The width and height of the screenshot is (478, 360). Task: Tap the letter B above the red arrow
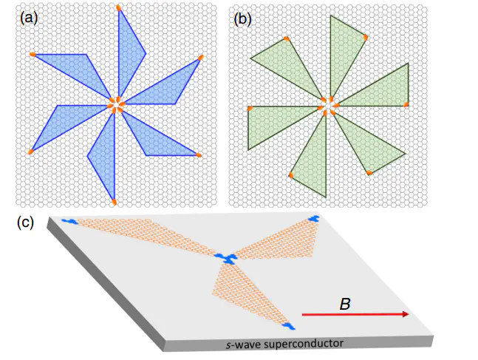coord(344,304)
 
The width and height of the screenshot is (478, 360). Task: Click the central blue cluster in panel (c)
coord(227,257)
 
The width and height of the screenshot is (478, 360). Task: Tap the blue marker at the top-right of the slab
coord(314,220)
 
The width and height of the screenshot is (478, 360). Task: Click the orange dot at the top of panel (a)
coord(119,8)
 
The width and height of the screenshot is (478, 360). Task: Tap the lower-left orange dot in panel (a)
coord(30,152)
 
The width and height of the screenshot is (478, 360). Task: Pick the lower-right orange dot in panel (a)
coord(199,154)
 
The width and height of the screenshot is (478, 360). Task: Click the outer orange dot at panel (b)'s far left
coord(250,108)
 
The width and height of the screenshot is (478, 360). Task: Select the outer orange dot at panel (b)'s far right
coord(406,105)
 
